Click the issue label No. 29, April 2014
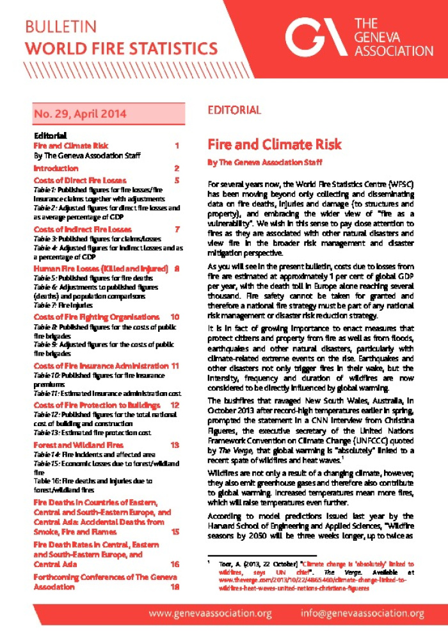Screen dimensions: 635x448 pyautogui.click(x=80, y=115)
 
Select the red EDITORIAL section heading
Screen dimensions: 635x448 pyautogui.click(x=234, y=110)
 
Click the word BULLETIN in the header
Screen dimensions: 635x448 pyautogui.click(x=61, y=27)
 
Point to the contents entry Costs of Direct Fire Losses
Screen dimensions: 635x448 pyautogui.click(x=80, y=181)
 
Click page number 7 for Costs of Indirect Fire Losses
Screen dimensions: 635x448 pyautogui.click(x=177, y=229)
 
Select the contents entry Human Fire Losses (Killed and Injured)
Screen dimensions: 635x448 pyautogui.click(x=100, y=268)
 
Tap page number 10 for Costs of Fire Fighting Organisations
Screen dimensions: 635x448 pyautogui.click(x=175, y=317)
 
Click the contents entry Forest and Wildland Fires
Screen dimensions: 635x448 pyautogui.click(x=78, y=445)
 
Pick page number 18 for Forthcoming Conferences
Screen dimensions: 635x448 pyautogui.click(x=175, y=586)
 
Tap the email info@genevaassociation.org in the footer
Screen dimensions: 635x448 pyautogui.click(x=363, y=614)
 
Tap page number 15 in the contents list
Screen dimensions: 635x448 pyautogui.click(x=175, y=532)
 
